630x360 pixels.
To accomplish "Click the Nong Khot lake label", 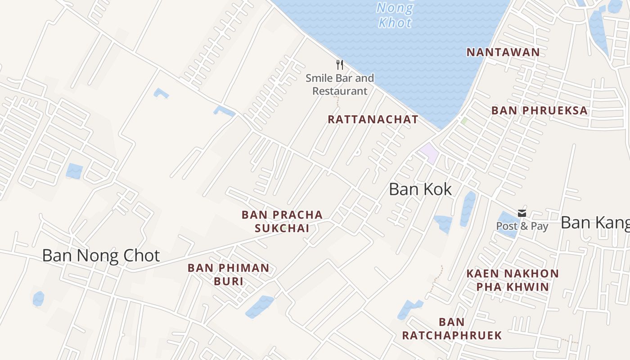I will click(x=395, y=15).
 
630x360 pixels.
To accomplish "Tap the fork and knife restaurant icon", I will click(x=340, y=65).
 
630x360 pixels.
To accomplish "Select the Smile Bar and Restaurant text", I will click(x=340, y=85).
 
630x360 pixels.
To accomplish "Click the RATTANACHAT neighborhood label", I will click(x=373, y=120).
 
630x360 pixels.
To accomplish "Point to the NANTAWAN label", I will click(x=503, y=52).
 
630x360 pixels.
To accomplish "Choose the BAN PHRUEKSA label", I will click(x=540, y=111).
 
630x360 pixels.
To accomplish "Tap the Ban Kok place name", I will click(x=420, y=189).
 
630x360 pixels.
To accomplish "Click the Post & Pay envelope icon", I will click(x=522, y=213).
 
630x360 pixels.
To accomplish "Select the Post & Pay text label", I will click(x=522, y=226).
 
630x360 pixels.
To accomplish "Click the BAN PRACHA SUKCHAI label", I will click(x=282, y=221).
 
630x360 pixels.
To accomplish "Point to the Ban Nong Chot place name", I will click(x=101, y=256).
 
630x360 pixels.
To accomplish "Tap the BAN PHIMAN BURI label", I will click(x=228, y=274).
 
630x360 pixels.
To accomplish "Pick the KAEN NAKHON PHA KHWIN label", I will click(x=513, y=280).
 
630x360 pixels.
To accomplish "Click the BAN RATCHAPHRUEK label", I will click(x=452, y=328).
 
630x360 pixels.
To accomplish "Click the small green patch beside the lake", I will click(x=463, y=121).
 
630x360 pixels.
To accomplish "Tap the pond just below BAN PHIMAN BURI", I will click(x=260, y=306).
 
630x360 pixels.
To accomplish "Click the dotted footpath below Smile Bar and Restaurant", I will click(x=337, y=101).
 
